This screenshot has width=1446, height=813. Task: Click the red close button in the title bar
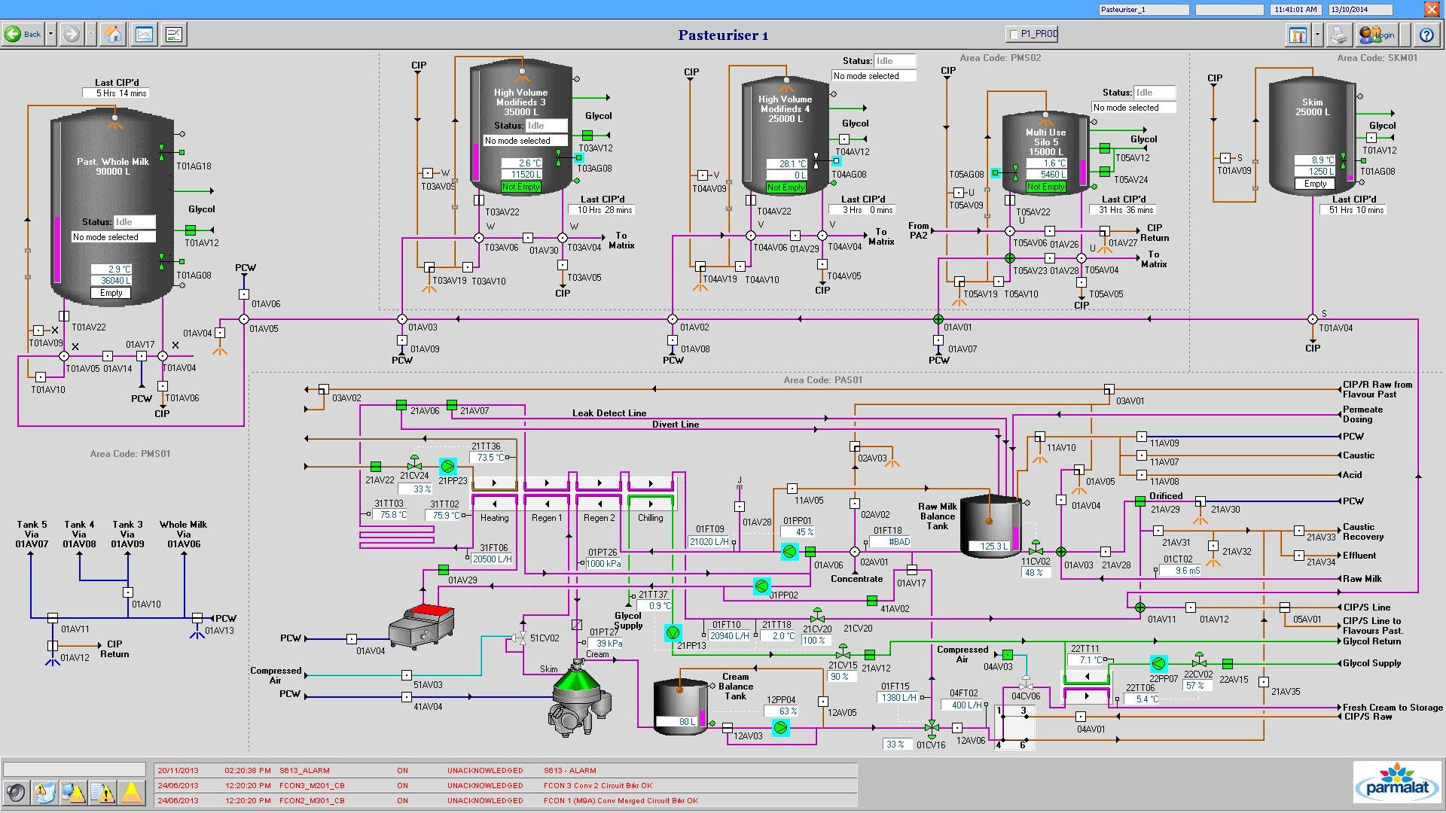1431,9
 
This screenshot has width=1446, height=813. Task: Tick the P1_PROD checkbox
1014,34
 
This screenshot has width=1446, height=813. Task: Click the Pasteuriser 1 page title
723,35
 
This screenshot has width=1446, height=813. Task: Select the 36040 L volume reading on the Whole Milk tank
111,281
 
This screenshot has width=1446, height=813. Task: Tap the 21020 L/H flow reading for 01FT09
709,542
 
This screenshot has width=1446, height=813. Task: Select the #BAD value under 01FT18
899,542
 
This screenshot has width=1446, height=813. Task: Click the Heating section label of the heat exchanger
494,518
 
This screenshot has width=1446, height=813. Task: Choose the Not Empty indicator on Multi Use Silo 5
1045,187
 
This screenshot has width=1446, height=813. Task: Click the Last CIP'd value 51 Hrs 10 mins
1353,210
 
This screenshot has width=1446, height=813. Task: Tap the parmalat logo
1397,781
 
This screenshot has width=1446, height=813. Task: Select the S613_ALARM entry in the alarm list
304,771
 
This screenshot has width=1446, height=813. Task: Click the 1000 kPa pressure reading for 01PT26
603,564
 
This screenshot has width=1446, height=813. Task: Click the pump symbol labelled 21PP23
448,467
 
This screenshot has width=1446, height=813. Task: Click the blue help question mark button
1426,35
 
